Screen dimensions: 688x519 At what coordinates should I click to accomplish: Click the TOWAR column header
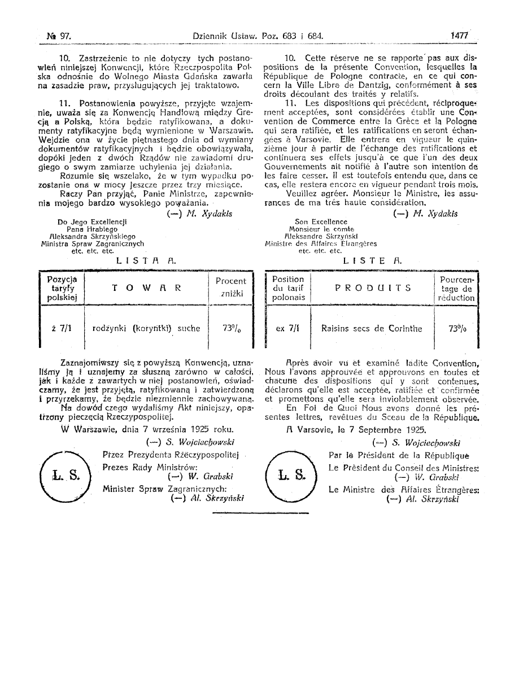click(x=146, y=287)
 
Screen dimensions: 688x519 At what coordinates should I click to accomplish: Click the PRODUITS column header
click(x=373, y=287)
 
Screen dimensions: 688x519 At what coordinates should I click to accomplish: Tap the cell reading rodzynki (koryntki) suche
click(x=146, y=327)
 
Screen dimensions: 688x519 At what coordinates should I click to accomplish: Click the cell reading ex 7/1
click(x=287, y=328)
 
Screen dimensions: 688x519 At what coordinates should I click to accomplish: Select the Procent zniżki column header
click(x=231, y=287)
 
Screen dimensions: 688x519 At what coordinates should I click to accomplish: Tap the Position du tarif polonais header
click(x=287, y=288)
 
